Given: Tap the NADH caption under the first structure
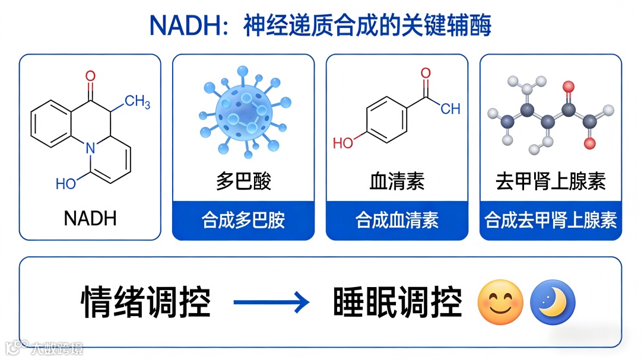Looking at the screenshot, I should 90,218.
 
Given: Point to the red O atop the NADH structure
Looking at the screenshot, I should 90,76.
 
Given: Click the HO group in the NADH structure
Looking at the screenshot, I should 66,184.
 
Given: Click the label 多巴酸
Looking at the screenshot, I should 243,181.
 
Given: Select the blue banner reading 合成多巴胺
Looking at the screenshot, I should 243,221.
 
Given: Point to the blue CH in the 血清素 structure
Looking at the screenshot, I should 450,109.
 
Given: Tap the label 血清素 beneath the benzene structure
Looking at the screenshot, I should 397,181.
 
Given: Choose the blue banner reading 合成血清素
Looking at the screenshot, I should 397,221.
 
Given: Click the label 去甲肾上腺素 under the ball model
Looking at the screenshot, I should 551,181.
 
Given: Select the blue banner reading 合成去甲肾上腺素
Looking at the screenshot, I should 551,221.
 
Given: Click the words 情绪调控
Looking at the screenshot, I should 146,302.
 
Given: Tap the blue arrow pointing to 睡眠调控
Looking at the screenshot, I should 271,302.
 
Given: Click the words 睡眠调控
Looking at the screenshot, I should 397,302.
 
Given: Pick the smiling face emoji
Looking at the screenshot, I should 500,302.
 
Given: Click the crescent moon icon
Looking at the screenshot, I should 553,302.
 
